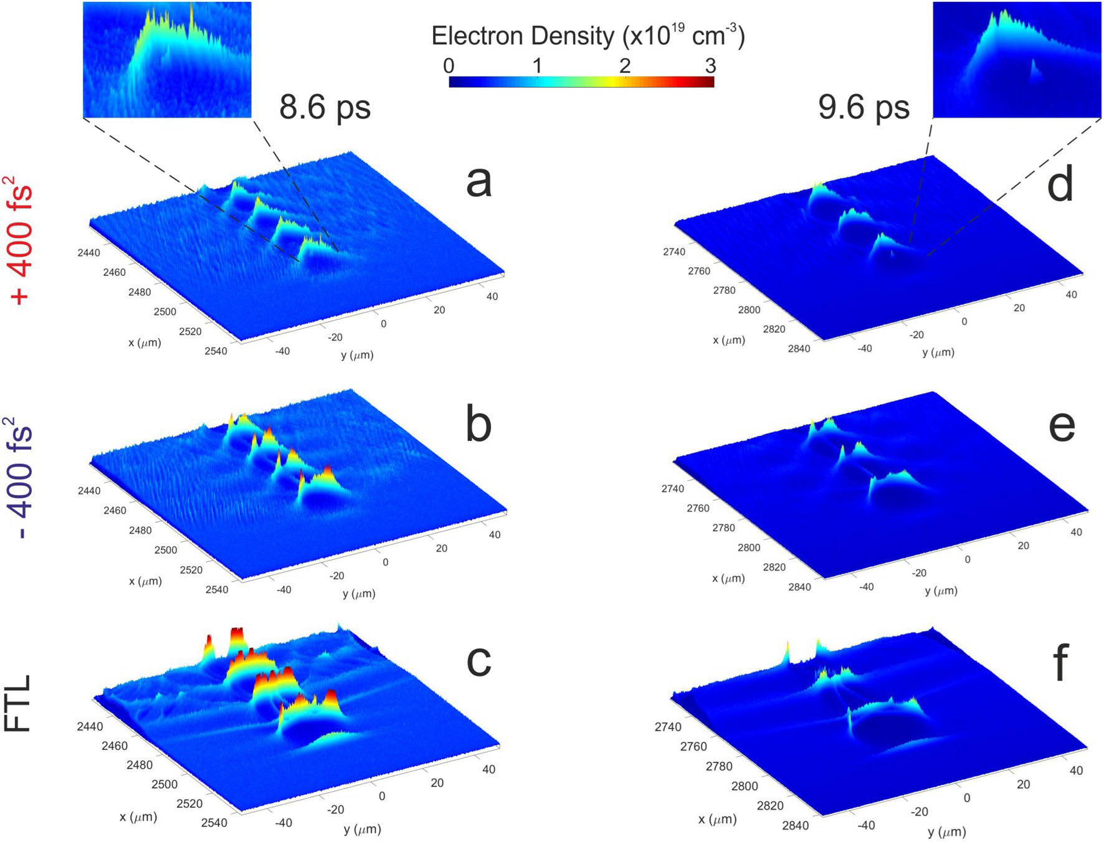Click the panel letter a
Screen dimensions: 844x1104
coord(478,183)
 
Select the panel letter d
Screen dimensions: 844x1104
coord(1060,184)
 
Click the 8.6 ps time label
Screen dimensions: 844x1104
coord(325,107)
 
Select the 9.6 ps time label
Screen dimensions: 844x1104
coord(864,107)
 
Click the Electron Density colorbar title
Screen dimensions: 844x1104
coord(588,36)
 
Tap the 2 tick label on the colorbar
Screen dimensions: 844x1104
coord(625,66)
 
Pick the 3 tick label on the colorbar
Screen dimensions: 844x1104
coord(710,66)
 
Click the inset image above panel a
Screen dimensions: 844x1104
coord(167,60)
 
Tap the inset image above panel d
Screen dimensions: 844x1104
coord(1017,60)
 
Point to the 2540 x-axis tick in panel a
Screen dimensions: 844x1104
coord(216,351)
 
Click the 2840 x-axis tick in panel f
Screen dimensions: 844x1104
coord(796,825)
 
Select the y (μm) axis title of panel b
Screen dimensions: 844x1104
coord(359,593)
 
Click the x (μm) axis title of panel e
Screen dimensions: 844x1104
coord(728,578)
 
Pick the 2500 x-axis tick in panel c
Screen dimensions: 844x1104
coord(164,784)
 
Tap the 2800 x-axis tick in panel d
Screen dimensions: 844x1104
coord(749,310)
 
